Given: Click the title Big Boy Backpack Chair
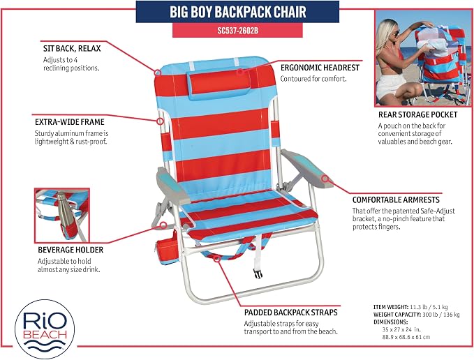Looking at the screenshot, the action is click(x=237, y=12).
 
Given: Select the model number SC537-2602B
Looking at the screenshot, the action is click(x=237, y=31).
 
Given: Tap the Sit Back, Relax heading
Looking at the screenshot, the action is click(x=72, y=49).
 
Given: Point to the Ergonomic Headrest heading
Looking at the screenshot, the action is click(x=320, y=68).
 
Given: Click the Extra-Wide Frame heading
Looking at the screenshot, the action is click(x=70, y=122).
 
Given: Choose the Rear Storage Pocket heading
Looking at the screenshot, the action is click(x=417, y=114).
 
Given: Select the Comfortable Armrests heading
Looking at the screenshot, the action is click(x=396, y=200).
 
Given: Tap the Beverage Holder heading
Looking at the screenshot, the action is click(x=71, y=250).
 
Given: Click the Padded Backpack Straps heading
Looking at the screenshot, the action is click(x=291, y=313).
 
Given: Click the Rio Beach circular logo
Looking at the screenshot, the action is click(x=45, y=329).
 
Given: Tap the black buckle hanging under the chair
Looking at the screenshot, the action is click(x=258, y=273).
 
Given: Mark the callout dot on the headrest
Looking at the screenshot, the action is click(x=240, y=72).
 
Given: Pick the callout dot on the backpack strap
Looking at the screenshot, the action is click(x=216, y=259).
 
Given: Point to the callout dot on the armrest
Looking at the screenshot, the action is click(x=325, y=179).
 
